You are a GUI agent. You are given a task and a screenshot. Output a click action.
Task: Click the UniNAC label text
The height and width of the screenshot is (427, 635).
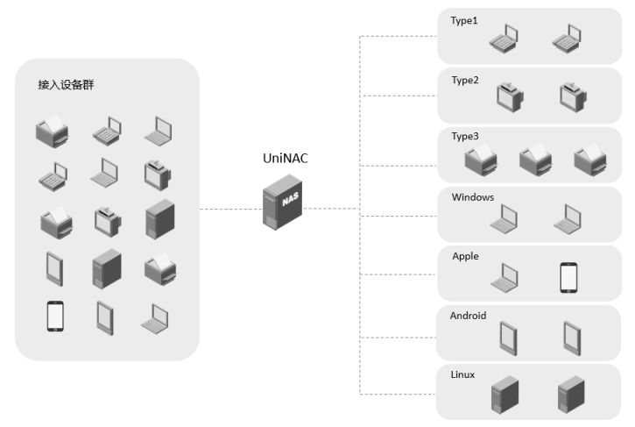[x=286, y=159]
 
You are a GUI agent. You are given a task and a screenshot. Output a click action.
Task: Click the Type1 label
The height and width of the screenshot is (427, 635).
[x=464, y=20]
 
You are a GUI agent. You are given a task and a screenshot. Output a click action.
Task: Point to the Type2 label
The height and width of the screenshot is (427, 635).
[x=464, y=80]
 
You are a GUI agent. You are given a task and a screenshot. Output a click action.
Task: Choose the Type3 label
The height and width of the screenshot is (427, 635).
[x=464, y=137]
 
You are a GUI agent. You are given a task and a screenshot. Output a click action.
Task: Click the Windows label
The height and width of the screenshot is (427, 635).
[x=473, y=197]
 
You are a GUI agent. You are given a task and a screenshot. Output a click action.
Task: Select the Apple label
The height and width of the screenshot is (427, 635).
[x=465, y=256]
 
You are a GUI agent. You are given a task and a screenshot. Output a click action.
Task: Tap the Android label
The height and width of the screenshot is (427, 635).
[x=468, y=316]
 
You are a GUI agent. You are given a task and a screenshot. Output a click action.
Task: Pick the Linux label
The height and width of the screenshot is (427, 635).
[x=462, y=374]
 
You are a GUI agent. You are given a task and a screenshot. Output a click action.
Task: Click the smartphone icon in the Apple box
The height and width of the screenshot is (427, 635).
[x=569, y=278]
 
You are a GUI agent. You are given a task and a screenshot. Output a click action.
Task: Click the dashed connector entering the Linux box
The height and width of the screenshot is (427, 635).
[x=399, y=392]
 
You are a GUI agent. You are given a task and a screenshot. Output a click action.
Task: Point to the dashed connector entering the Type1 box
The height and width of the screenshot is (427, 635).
[x=399, y=36]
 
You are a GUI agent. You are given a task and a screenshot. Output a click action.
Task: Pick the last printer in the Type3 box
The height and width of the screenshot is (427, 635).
[x=589, y=158]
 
